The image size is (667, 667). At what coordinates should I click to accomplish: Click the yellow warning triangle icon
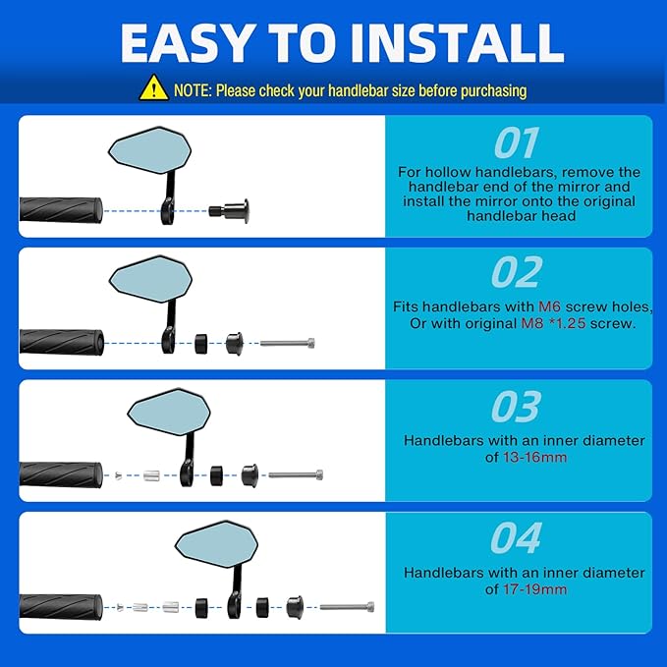click(x=153, y=88)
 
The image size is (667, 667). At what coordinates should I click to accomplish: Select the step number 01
click(x=517, y=143)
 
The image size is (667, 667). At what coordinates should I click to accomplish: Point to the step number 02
click(x=517, y=272)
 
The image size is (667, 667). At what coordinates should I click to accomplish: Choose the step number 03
click(x=516, y=407)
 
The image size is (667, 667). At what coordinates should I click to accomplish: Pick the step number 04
click(x=516, y=538)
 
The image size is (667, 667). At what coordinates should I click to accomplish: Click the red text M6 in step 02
click(x=549, y=306)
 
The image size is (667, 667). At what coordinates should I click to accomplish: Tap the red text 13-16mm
click(x=534, y=458)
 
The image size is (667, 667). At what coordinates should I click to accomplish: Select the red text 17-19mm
click(x=534, y=589)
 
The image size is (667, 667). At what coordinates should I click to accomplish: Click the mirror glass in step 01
click(x=149, y=150)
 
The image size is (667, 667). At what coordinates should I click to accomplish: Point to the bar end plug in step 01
click(x=229, y=210)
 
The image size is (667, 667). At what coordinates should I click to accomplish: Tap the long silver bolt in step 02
click(x=288, y=343)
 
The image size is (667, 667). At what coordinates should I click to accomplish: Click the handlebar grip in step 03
click(x=61, y=474)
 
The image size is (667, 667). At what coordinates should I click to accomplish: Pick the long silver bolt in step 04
click(x=347, y=607)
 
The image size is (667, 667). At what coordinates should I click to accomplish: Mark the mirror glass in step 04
click(x=216, y=545)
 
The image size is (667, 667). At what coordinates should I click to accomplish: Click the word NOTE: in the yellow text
click(x=193, y=90)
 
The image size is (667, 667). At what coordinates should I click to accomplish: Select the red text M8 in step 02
click(x=532, y=323)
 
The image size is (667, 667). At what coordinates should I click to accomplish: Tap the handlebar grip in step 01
click(x=61, y=210)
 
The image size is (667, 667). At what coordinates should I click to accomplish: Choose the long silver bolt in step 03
click(x=296, y=474)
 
